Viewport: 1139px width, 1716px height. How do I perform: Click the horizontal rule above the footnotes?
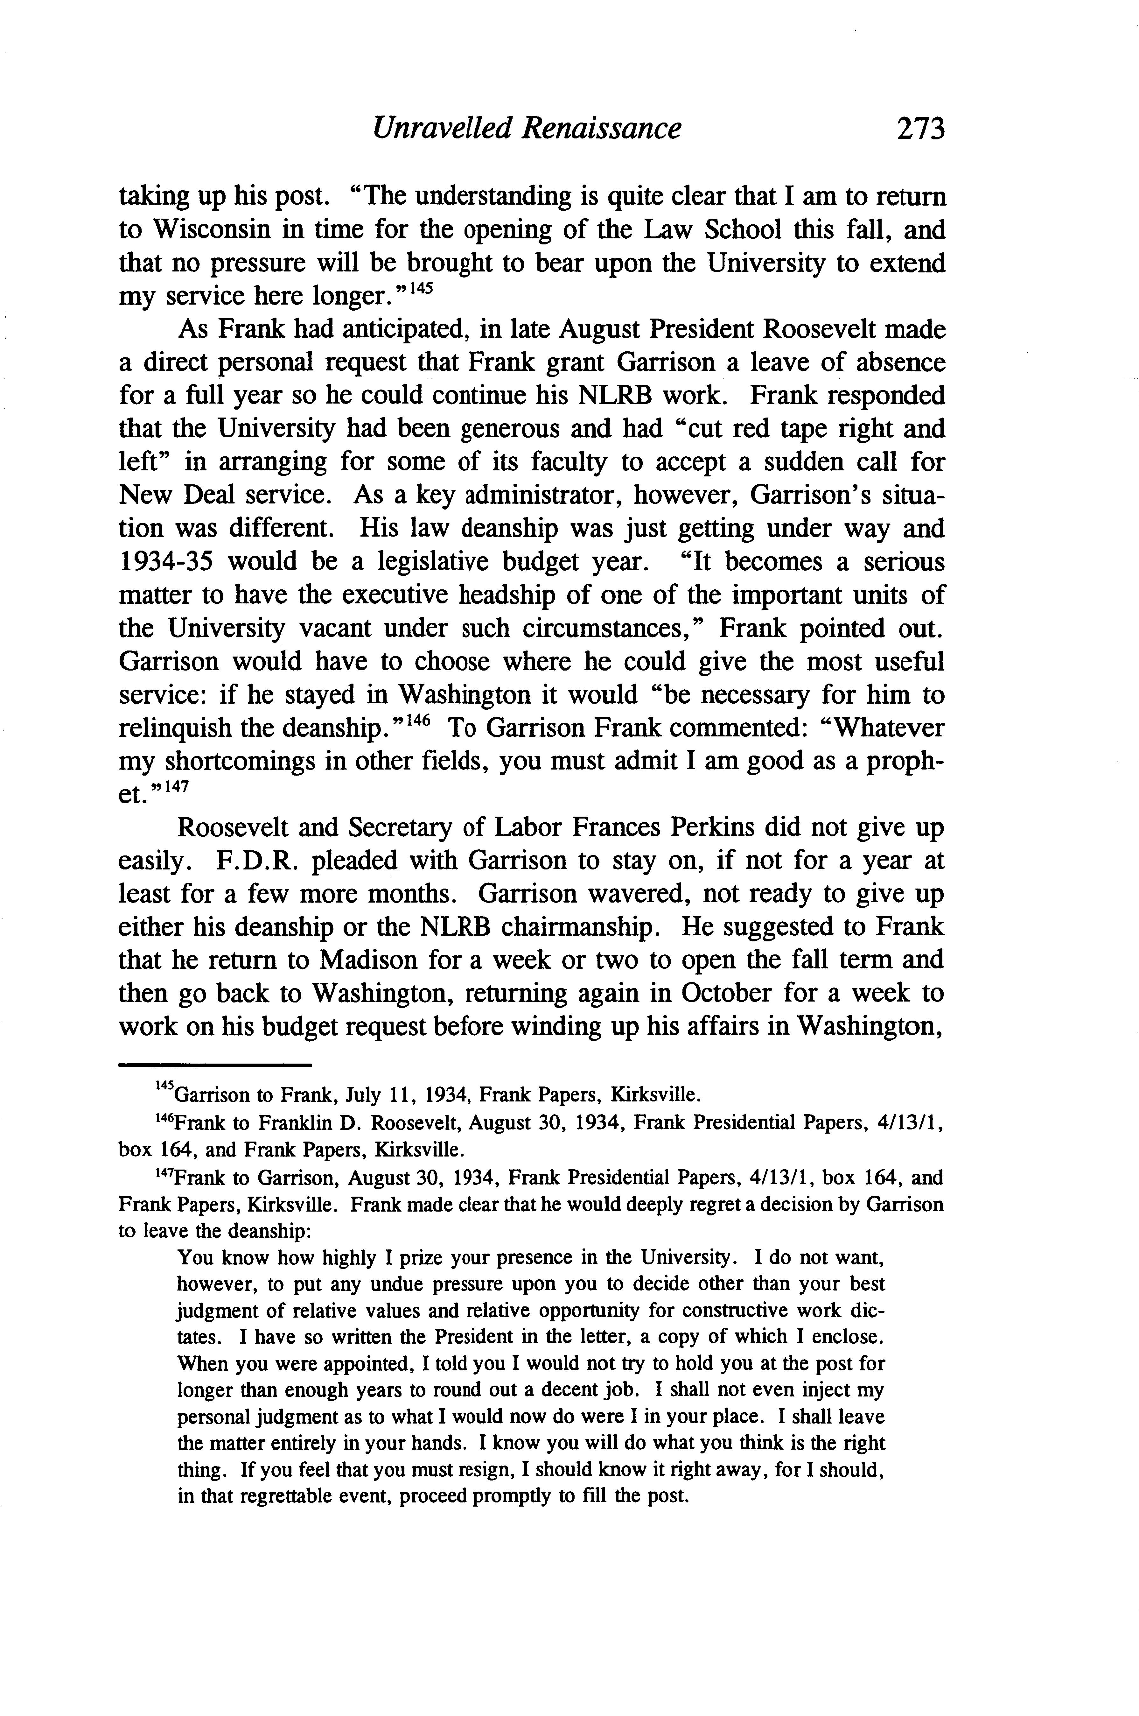pos(214,1066)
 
